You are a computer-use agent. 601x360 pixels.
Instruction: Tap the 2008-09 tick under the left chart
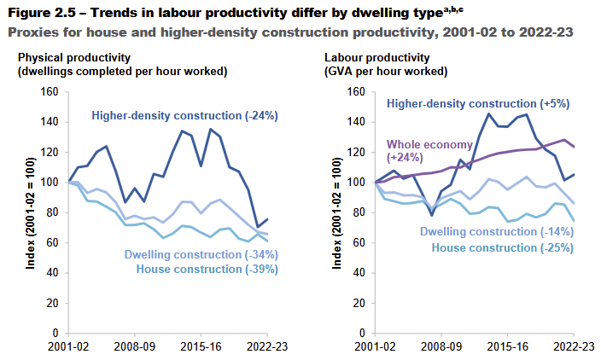pos(136,348)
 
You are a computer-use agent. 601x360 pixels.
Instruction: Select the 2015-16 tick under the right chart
pos(511,348)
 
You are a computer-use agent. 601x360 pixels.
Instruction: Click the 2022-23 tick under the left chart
pos(265,348)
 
